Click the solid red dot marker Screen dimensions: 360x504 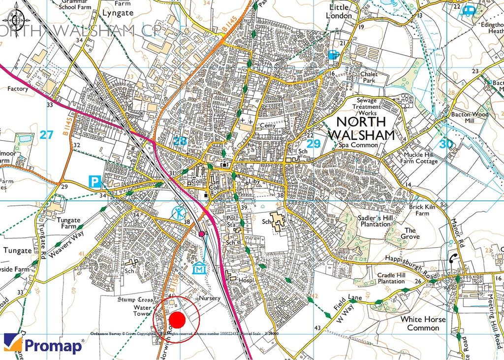point(178,320)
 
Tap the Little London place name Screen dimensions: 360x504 point(339,11)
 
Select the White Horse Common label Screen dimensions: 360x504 point(423,323)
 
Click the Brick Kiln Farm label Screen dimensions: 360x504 point(422,210)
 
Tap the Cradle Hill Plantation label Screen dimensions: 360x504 point(391,278)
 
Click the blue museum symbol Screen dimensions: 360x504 point(199,269)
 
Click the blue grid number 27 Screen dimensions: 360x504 point(46,134)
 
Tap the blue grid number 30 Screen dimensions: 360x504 point(446,144)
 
